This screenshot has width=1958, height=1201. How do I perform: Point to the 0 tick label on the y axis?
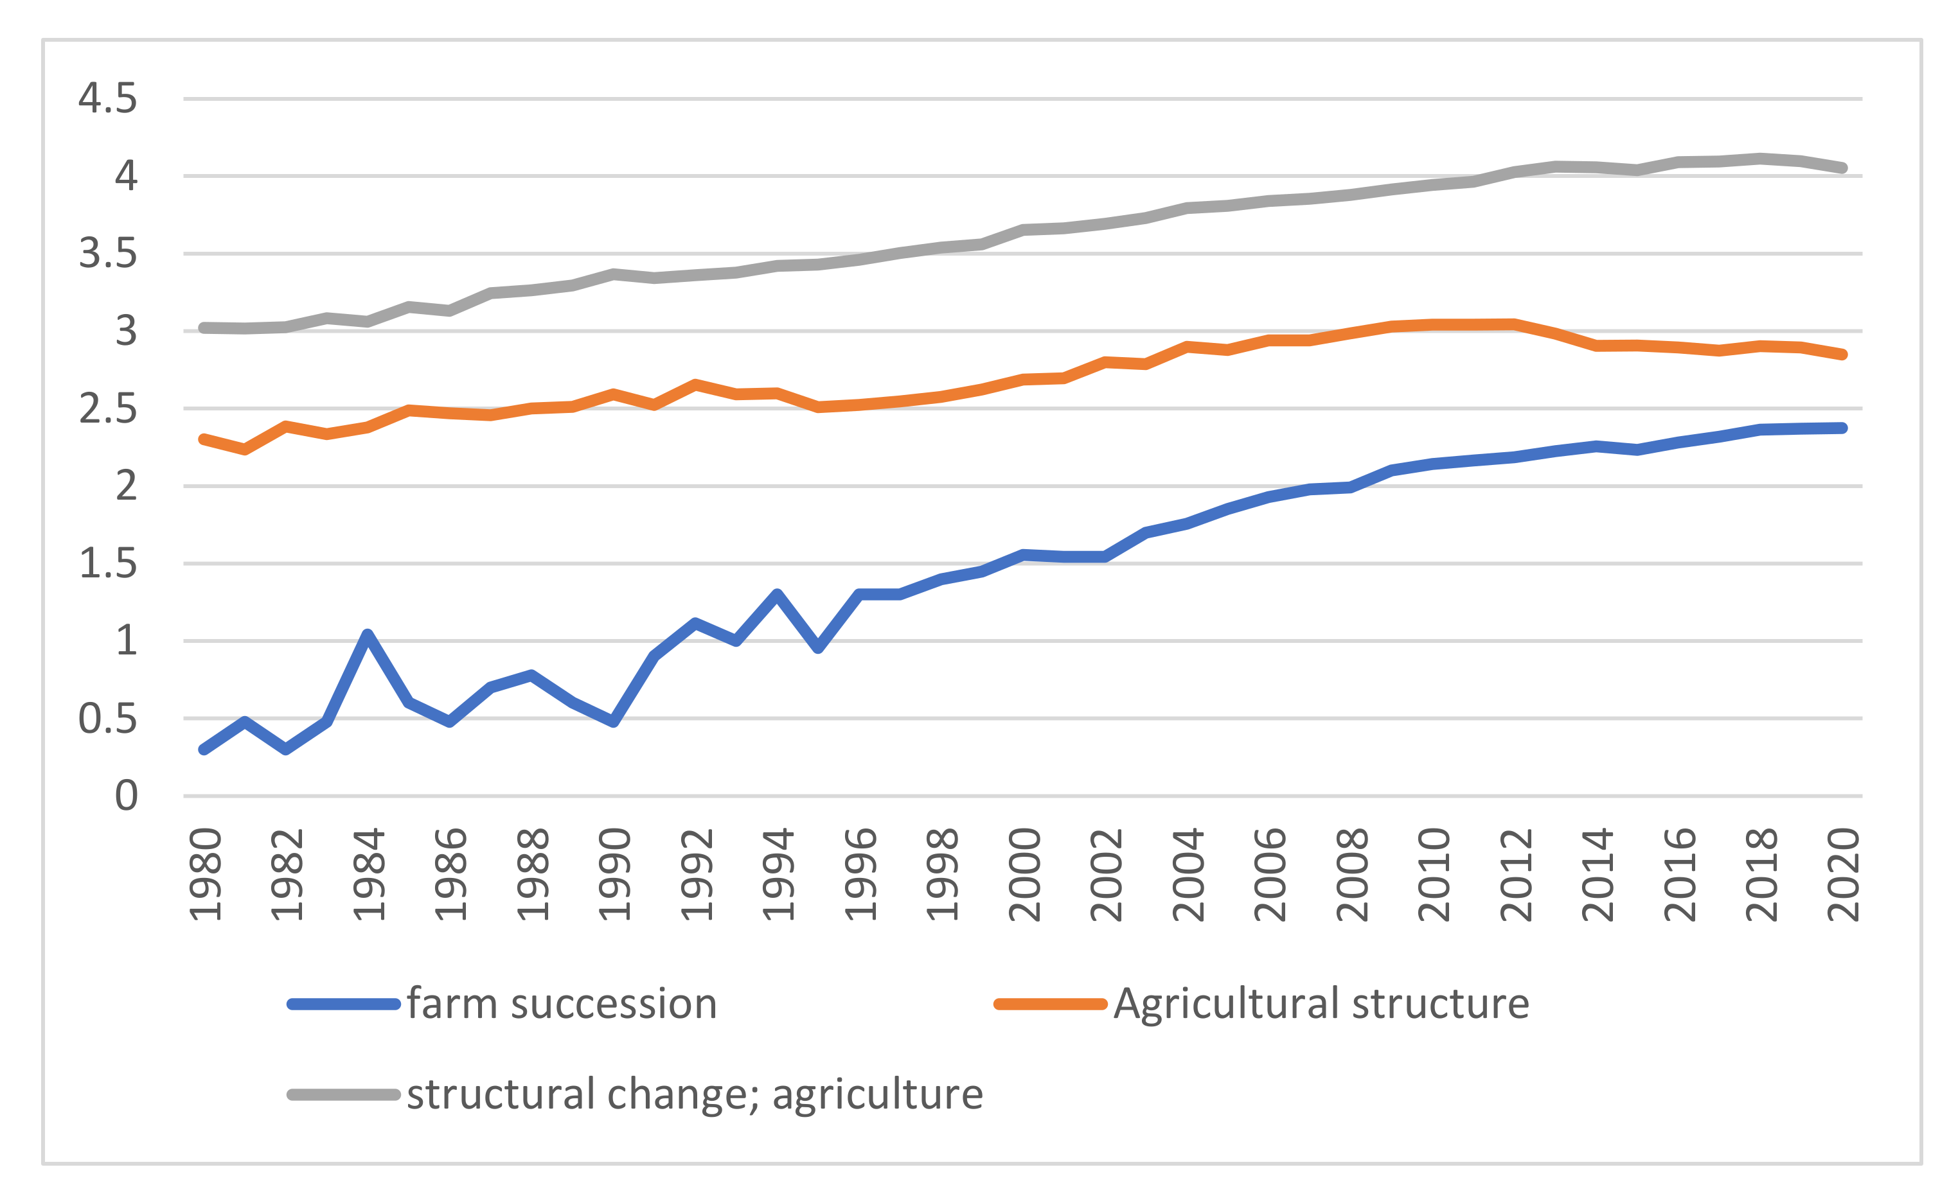click(x=127, y=796)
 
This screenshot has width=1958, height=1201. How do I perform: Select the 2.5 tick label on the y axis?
click(x=107, y=409)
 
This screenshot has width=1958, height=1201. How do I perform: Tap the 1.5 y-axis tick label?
click(x=107, y=564)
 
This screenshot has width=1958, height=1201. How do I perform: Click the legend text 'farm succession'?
click(x=562, y=1004)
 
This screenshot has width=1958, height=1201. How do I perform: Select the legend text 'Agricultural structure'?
click(x=1321, y=1004)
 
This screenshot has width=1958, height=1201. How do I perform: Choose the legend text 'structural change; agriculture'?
click(x=695, y=1094)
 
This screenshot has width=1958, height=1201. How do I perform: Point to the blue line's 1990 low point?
click(x=614, y=721)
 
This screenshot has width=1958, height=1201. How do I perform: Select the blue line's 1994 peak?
click(x=777, y=593)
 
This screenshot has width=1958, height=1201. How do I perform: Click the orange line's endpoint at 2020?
click(x=1843, y=355)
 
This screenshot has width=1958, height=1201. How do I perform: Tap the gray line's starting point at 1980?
click(x=204, y=328)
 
